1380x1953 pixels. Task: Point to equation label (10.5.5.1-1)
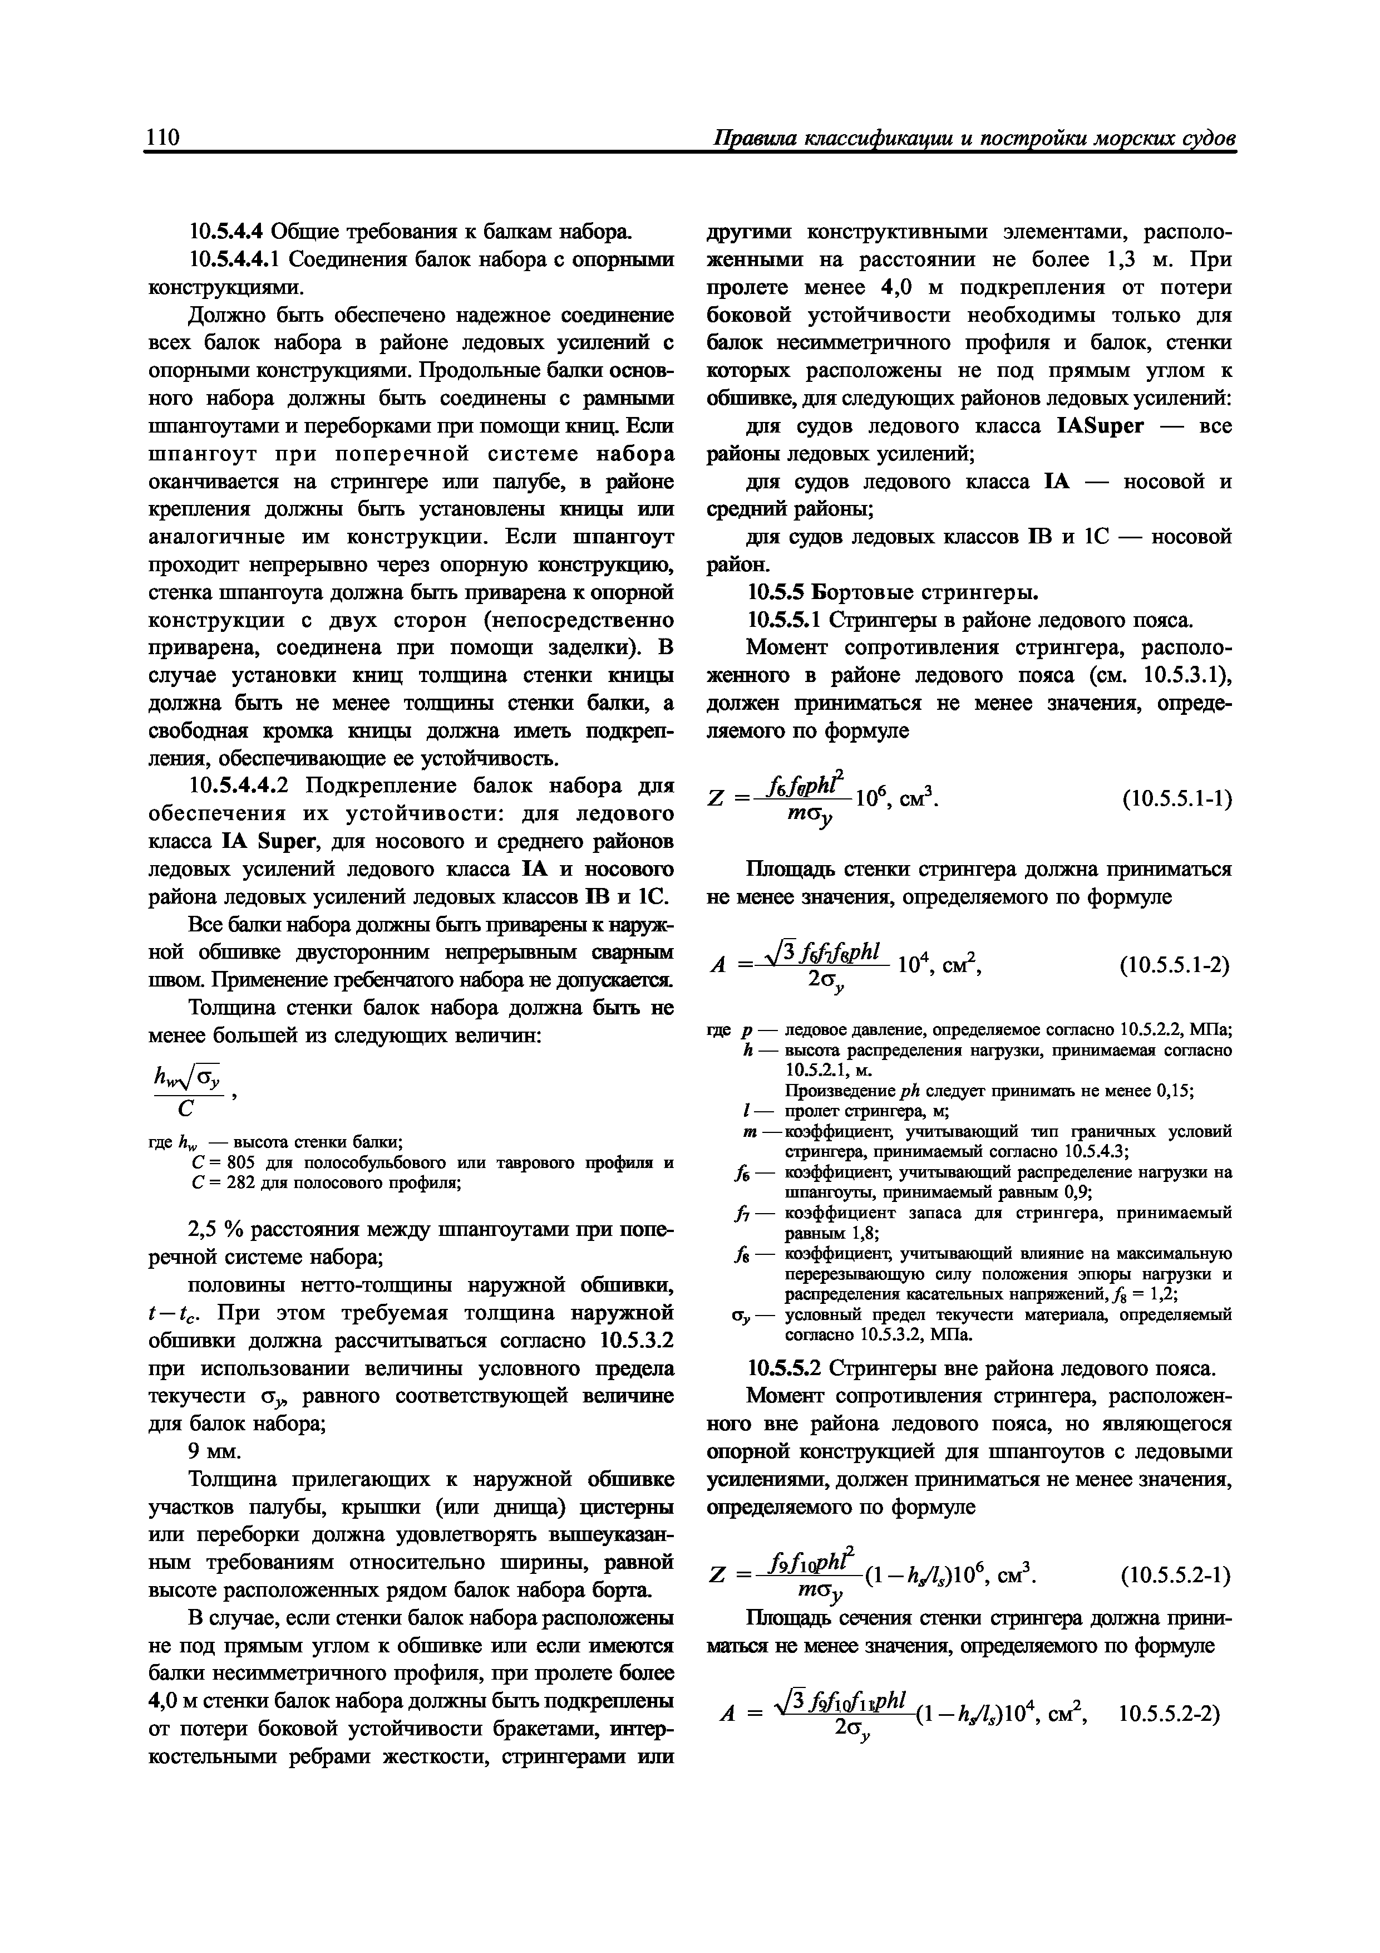1177,799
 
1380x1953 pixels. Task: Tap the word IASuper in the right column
1100,425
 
